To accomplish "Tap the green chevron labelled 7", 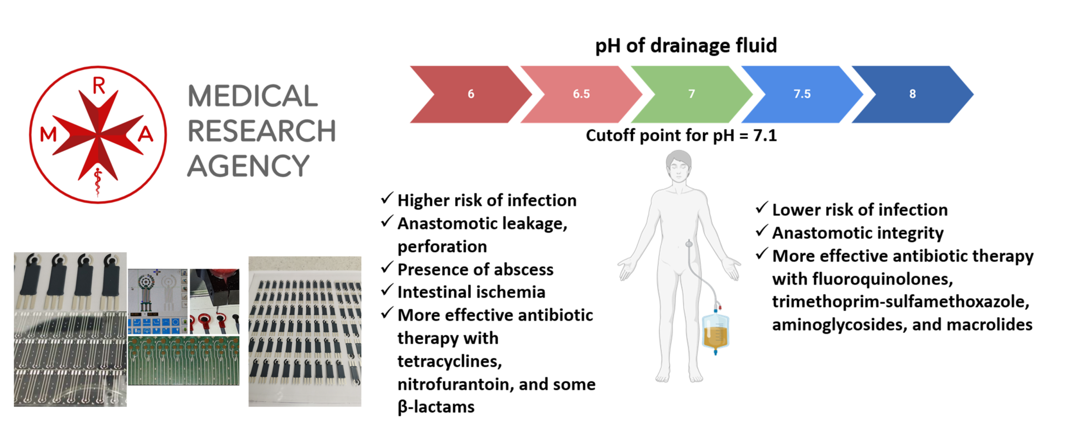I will coord(691,94).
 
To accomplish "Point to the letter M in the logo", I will coord(48,135).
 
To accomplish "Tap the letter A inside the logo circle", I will coord(145,134).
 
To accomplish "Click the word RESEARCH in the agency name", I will coord(262,131).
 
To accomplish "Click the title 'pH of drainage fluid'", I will coord(686,45).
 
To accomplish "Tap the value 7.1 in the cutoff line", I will coord(765,135).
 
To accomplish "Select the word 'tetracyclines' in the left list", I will coord(449,361).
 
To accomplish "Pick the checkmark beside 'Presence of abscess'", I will coord(387,267).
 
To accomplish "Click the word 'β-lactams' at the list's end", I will coord(436,407).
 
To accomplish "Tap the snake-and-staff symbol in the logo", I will coord(98,182).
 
